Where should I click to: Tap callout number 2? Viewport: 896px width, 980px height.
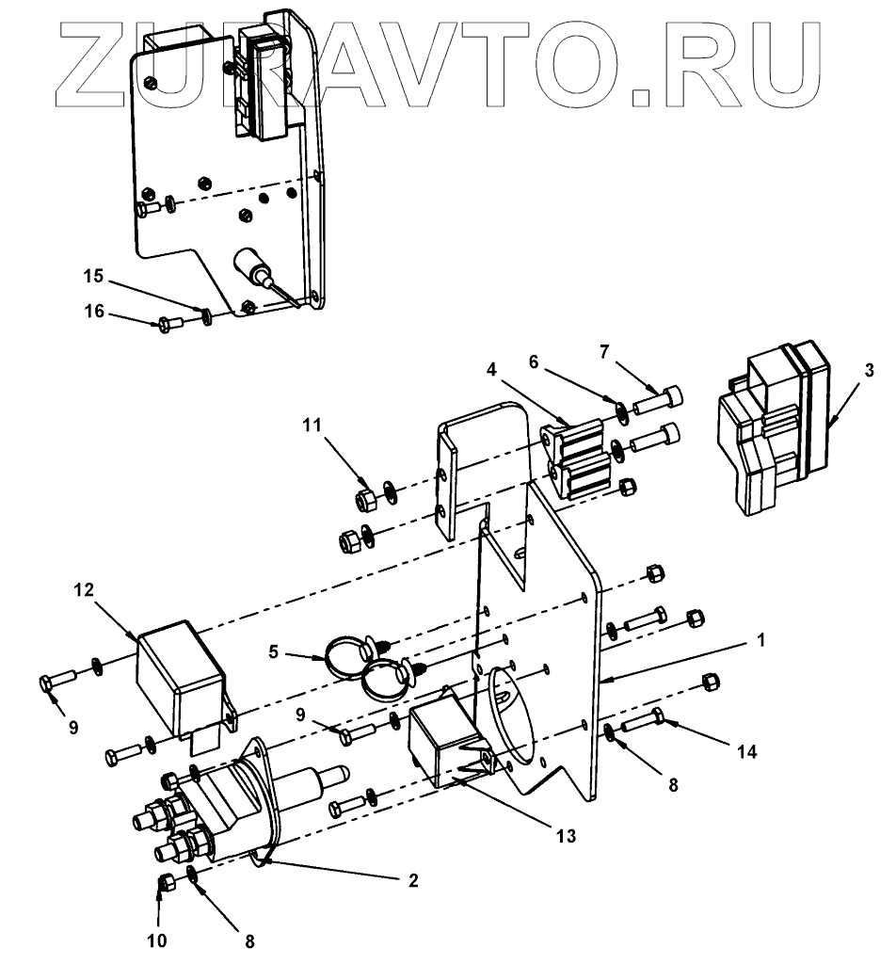(x=412, y=881)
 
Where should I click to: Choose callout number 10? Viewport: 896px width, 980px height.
(x=158, y=940)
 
